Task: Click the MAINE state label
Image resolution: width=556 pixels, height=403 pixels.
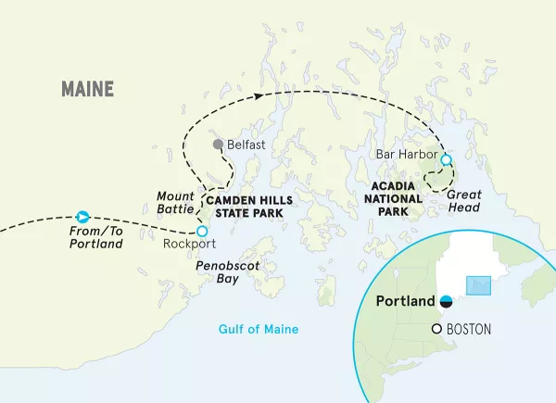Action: [x=87, y=89]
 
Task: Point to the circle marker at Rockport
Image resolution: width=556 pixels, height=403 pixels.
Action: [x=202, y=231]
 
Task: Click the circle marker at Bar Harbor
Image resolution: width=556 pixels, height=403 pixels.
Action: [x=446, y=159]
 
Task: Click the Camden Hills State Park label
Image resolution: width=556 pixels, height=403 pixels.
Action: [x=243, y=206]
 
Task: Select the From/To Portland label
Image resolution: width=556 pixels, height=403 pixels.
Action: [x=96, y=237]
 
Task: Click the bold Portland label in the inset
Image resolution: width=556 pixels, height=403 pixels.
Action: [x=405, y=302]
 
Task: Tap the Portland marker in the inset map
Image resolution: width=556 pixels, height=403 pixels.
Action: [x=446, y=301]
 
